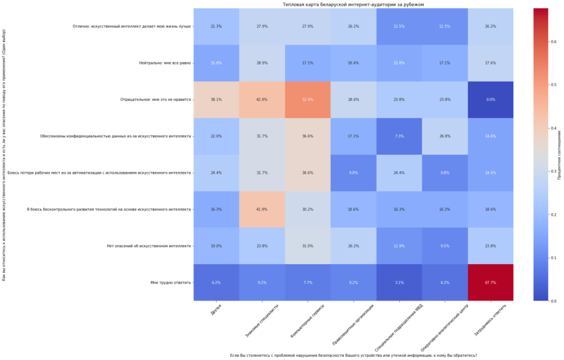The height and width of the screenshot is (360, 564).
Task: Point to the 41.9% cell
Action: tap(262, 209)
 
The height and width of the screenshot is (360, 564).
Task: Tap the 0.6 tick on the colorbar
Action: tap(552, 41)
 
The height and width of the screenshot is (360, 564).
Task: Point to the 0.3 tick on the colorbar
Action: tap(552, 171)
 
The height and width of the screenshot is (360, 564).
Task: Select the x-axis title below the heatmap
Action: tap(353, 356)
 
